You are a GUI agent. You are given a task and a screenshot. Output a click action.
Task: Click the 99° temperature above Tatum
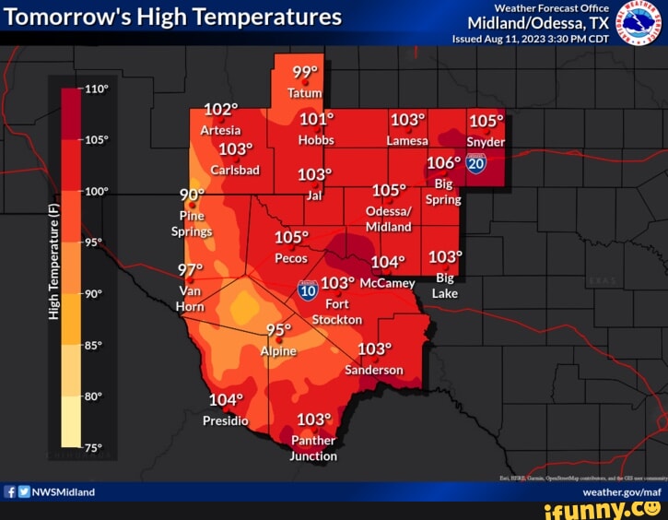pyautogui.click(x=305, y=74)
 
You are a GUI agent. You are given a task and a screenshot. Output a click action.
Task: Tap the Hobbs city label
pyautogui.click(x=316, y=140)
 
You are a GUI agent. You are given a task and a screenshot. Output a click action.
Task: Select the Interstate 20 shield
pyautogui.click(x=476, y=164)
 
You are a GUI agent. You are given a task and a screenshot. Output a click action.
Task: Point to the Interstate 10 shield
pyautogui.click(x=308, y=290)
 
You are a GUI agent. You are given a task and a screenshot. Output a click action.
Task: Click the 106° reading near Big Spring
pyautogui.click(x=443, y=163)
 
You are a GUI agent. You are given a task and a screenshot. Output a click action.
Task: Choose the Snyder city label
pyautogui.click(x=486, y=142)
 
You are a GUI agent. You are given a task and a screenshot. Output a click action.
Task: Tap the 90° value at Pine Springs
pyautogui.click(x=192, y=195)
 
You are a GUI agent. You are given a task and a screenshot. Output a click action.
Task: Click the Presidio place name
pyautogui.click(x=226, y=420)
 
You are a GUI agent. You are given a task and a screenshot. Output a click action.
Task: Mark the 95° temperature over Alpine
pyautogui.click(x=278, y=330)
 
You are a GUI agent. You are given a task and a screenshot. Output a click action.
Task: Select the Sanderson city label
pyautogui.click(x=374, y=370)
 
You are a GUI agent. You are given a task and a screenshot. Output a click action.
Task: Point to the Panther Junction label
pyautogui.click(x=313, y=448)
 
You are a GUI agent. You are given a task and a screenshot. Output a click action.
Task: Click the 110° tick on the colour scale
pyautogui.click(x=96, y=90)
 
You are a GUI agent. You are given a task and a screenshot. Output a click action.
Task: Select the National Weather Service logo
pyautogui.click(x=639, y=22)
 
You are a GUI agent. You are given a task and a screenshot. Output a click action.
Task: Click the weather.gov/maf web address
pyautogui.click(x=622, y=492)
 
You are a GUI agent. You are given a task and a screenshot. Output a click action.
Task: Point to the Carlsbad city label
pyautogui.click(x=236, y=170)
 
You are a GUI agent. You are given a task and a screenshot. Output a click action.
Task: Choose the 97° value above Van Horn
pyautogui.click(x=191, y=269)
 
